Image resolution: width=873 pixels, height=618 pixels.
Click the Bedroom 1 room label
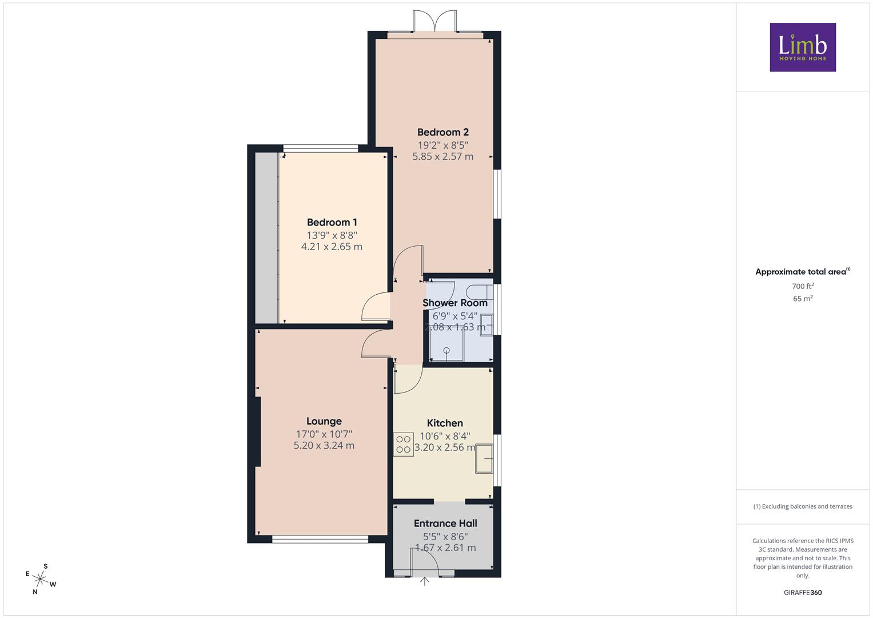tap(332, 223)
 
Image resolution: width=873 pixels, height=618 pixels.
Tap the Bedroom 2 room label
tap(443, 132)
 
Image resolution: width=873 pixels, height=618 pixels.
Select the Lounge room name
tap(324, 421)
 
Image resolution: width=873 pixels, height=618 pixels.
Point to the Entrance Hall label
tap(445, 523)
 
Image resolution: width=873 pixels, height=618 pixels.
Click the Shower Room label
tap(455, 303)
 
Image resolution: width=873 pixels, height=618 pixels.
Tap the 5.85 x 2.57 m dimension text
tap(443, 156)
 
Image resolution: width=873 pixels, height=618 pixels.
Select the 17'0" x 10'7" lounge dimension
tap(324, 434)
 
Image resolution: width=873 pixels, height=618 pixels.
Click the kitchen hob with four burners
tap(404, 445)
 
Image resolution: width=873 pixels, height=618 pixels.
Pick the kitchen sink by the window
tap(484, 458)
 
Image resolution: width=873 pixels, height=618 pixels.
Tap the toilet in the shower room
tap(480, 292)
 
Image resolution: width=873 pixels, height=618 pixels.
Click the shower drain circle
tap(447, 350)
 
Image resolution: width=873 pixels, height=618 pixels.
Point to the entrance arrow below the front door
tap(424, 582)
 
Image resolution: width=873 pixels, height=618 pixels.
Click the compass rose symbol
tap(40, 579)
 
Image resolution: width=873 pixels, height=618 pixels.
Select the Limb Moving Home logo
tap(803, 47)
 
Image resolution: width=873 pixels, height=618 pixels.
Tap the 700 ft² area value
tap(803, 286)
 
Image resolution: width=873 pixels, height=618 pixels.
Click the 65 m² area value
tap(803, 299)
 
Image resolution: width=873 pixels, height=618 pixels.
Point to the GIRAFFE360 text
tap(803, 593)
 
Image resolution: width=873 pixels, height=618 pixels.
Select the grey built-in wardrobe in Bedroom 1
tap(266, 237)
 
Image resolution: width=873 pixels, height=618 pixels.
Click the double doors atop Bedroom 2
tap(434, 20)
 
